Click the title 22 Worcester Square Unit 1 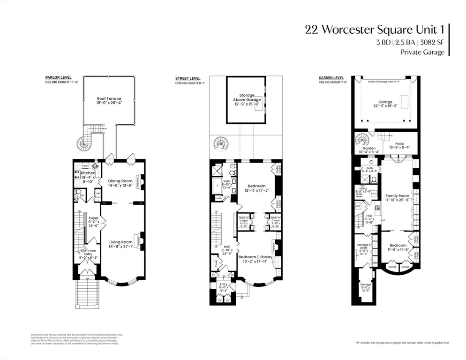374,30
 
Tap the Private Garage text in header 422,52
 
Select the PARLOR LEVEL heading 57,78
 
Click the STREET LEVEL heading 188,78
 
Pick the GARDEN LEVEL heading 331,78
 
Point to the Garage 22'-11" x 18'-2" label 385,104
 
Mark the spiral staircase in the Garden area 362,139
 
